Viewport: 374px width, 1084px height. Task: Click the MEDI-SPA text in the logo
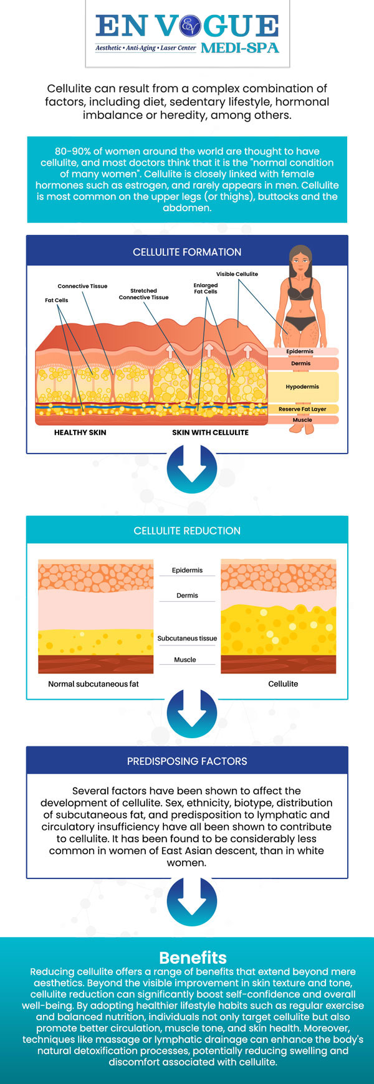tap(240, 48)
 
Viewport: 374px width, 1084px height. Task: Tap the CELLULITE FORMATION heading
tap(187, 252)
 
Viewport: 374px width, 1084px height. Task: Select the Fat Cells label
tap(57, 300)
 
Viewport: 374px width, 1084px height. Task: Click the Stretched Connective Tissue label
tap(144, 294)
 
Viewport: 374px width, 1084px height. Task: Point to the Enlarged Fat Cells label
tap(206, 288)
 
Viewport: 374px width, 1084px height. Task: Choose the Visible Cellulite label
tap(237, 274)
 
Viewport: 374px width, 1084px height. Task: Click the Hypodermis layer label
tap(302, 387)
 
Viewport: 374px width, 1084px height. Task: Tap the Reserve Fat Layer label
tap(302, 409)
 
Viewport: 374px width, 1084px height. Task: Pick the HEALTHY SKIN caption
tap(80, 432)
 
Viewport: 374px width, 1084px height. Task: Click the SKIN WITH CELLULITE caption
tap(211, 432)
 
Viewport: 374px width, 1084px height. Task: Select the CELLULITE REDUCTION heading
tap(187, 531)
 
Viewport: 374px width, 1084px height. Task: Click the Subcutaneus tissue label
tap(187, 639)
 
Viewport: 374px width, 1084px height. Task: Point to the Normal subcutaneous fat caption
tap(93, 684)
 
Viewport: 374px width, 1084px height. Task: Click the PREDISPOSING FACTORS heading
tap(187, 761)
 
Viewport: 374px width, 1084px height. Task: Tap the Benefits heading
tap(193, 958)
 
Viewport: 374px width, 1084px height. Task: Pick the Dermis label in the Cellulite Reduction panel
tap(187, 596)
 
